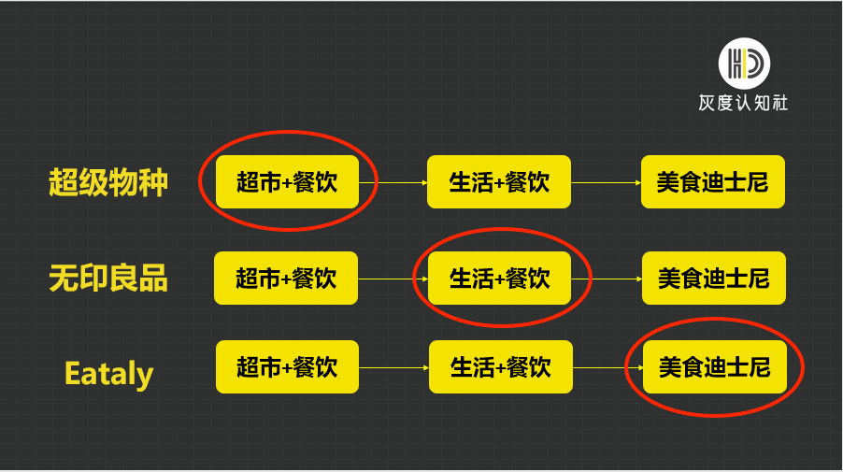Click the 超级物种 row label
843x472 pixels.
(x=108, y=182)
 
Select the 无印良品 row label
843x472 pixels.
(x=108, y=278)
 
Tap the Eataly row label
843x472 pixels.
(x=108, y=374)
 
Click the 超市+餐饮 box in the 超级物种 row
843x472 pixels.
(x=288, y=182)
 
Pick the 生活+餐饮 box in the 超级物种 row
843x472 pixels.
(x=499, y=182)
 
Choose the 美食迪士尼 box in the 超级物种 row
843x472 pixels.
(x=712, y=182)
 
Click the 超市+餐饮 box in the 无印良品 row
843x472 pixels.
(x=286, y=278)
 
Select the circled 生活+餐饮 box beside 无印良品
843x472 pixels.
(x=500, y=278)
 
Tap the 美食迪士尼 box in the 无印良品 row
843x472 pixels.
(x=713, y=278)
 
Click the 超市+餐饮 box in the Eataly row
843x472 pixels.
(x=287, y=366)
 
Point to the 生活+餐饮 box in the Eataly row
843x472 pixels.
(x=500, y=366)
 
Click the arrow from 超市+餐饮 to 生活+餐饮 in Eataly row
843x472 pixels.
(x=393, y=367)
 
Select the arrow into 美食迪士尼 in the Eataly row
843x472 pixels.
(x=607, y=367)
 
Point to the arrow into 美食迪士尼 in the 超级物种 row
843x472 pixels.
(x=606, y=182)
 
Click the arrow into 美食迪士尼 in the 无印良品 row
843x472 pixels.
(x=607, y=279)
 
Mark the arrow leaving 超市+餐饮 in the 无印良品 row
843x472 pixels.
(x=393, y=279)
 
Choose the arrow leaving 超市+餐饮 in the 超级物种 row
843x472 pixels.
(x=393, y=182)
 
